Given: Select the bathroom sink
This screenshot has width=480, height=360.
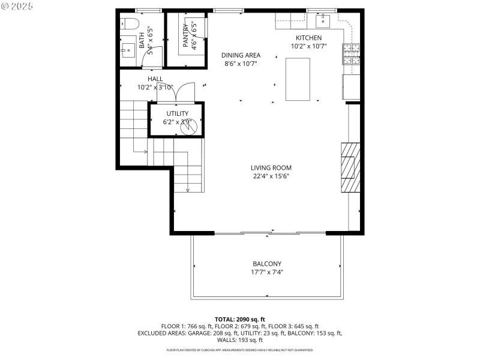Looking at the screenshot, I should [128, 49].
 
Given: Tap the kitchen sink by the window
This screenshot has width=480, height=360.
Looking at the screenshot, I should [323, 22].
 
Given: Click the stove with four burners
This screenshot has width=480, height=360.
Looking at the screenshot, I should [351, 55].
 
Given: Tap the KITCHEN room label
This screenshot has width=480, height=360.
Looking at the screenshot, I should [308, 38].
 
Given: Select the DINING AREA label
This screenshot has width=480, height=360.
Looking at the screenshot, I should [241, 55].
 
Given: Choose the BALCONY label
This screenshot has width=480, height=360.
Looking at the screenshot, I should [267, 264].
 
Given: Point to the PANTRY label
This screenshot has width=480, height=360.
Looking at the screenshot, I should [185, 35].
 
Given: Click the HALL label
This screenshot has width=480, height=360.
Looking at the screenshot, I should [155, 79].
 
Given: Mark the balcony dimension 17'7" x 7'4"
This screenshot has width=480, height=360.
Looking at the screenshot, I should [267, 272].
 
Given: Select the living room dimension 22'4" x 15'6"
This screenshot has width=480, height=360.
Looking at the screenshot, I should [272, 176].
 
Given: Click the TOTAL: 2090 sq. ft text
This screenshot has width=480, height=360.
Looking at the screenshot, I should [240, 319].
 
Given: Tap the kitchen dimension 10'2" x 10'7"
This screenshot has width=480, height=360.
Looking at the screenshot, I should [308, 46].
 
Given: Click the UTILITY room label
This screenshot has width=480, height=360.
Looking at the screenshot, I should [178, 113].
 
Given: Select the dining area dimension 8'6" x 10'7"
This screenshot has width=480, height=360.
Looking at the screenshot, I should [241, 64].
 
